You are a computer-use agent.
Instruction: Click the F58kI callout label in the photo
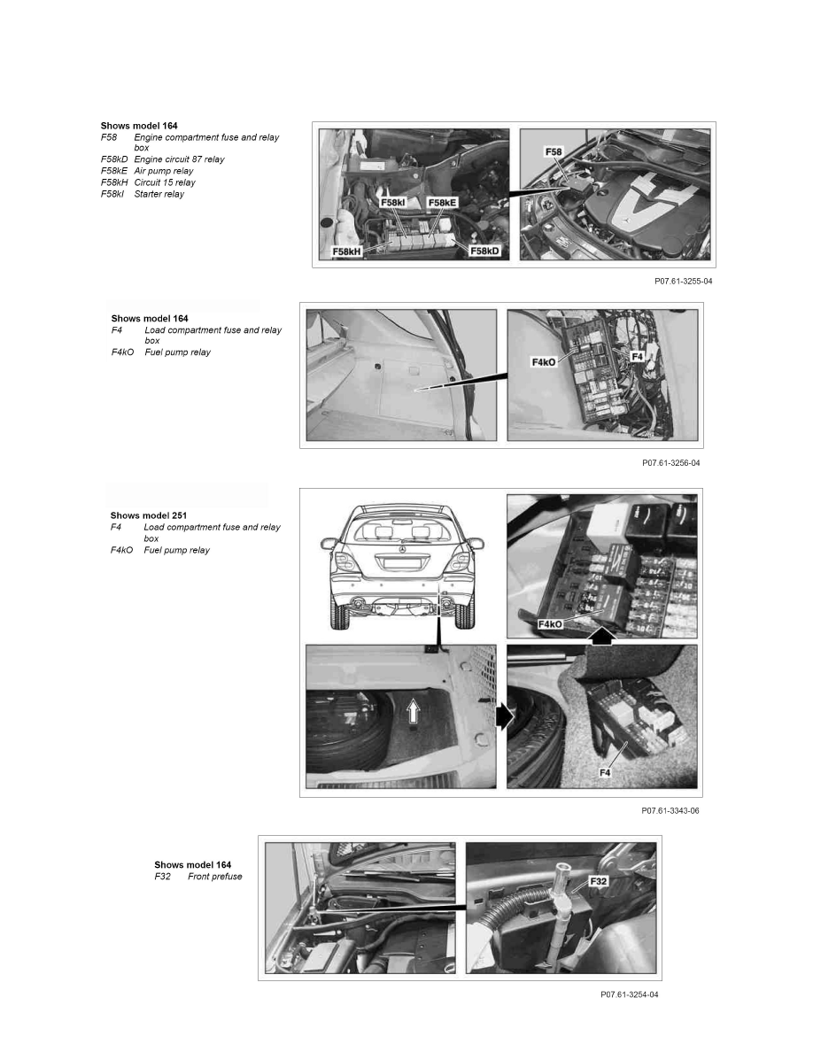click(393, 203)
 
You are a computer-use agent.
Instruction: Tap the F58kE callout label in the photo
click(442, 203)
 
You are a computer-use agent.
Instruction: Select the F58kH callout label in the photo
click(347, 251)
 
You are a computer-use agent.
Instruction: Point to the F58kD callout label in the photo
click(484, 251)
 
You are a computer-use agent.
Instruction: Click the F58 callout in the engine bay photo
click(554, 152)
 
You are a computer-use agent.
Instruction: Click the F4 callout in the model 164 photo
click(638, 357)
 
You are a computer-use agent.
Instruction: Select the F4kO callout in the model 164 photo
click(544, 362)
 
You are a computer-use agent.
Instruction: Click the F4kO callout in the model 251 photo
click(550, 624)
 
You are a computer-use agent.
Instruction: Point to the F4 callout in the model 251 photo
click(605, 773)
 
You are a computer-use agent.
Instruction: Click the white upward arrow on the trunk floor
click(414, 710)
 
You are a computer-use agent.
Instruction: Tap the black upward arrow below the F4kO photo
click(603, 636)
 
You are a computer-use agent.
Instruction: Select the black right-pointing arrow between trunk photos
click(504, 716)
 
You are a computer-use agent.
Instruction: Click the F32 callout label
click(599, 881)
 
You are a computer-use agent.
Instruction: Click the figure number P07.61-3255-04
click(684, 281)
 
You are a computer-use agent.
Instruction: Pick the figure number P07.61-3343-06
click(670, 810)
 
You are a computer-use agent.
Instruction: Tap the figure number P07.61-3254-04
click(629, 994)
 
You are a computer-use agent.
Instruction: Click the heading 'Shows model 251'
click(149, 515)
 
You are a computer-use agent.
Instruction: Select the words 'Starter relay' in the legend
click(159, 194)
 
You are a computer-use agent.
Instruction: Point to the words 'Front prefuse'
click(214, 876)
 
